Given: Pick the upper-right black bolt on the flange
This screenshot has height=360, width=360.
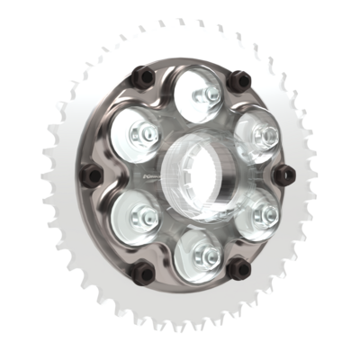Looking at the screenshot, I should point(238,81).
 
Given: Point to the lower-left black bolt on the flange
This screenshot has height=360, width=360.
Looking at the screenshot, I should point(139,269).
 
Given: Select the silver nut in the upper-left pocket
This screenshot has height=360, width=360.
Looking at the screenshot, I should point(142,134).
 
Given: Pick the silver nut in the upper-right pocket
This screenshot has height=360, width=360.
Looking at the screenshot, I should point(262,135).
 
